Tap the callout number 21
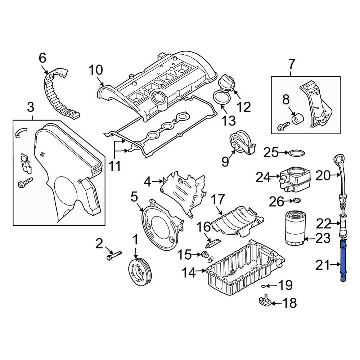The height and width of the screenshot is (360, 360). click(323, 265)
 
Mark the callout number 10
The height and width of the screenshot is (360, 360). click(96, 70)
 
